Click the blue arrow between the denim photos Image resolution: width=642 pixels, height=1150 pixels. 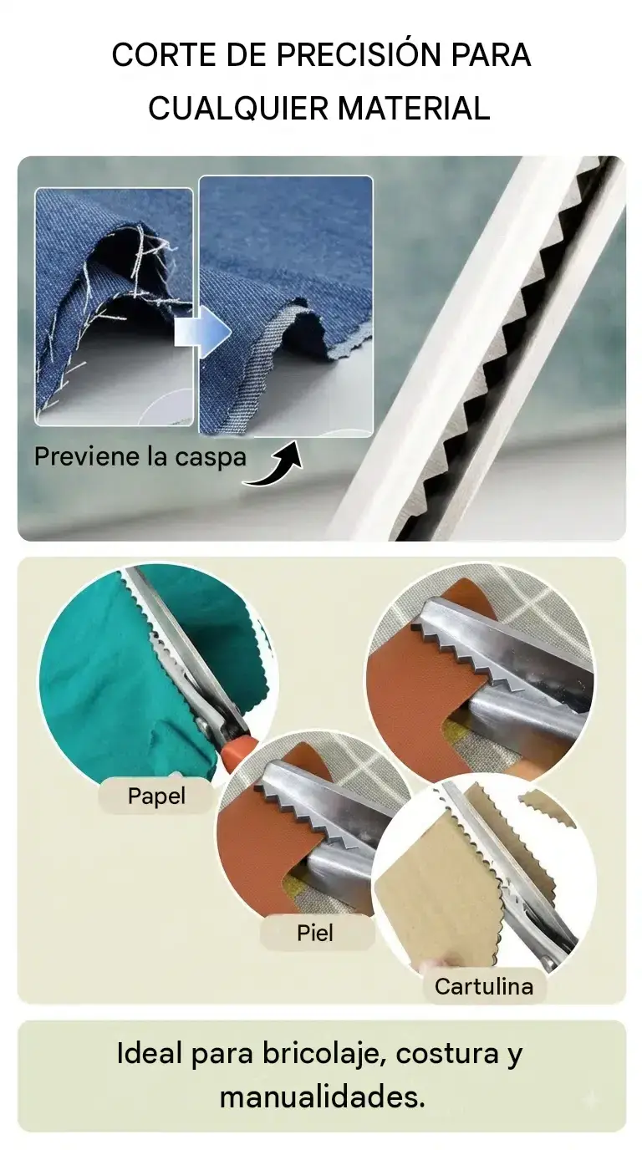tap(202, 332)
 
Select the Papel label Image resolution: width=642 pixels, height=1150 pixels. tap(156, 796)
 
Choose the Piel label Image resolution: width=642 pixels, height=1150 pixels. tap(315, 933)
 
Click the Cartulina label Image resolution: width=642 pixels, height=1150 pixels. tap(484, 986)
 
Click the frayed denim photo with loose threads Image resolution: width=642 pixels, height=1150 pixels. tap(114, 307)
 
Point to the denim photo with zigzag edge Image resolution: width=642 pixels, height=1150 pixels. tap(286, 307)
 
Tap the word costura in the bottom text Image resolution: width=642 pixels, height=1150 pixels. tap(447, 1055)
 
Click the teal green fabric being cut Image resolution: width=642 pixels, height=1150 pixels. tap(129, 683)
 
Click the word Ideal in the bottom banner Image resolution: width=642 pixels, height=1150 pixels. tap(150, 1054)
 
